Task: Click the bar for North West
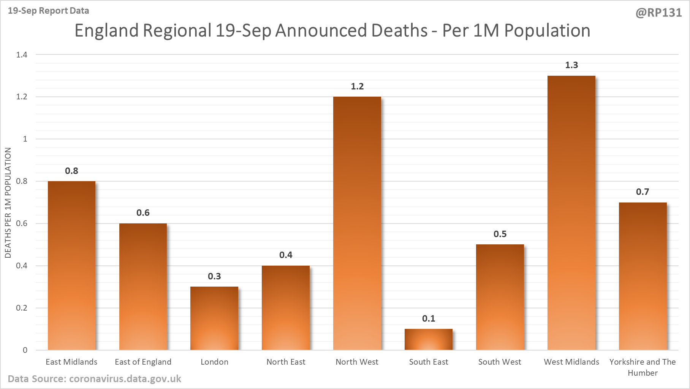coord(357,223)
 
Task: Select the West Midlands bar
coord(571,213)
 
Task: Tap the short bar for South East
coord(429,340)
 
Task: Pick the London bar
coord(214,318)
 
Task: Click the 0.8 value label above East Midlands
coord(71,171)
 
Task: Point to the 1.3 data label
coord(571,65)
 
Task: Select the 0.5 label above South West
coord(500,234)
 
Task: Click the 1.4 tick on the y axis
coord(22,55)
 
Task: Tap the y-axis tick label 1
coord(25,139)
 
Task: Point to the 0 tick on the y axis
coord(25,350)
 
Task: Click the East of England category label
coord(143,362)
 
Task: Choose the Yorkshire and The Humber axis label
coord(643,367)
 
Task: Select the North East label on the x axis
coord(286,362)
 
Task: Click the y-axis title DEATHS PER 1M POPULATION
coord(8,203)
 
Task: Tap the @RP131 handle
coord(658,13)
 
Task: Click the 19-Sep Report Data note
coord(49,11)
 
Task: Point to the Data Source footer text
coord(94,379)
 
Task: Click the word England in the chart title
coord(105,30)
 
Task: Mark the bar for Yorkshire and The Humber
coord(643,276)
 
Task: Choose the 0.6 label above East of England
coord(143,213)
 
